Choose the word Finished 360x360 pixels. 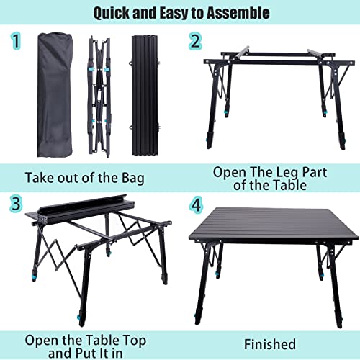(x=271, y=345)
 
